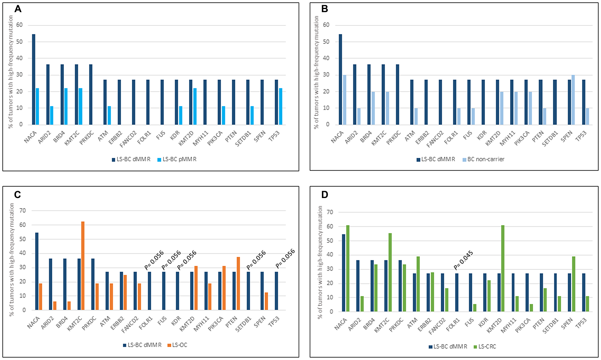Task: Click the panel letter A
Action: click(18, 9)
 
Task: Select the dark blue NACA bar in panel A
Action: click(34, 79)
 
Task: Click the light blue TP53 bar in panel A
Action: click(281, 106)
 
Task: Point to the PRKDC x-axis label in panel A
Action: click(87, 138)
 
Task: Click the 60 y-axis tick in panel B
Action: click(326, 25)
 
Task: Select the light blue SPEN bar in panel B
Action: click(573, 100)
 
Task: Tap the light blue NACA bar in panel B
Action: click(345, 100)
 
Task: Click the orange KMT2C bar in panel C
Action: click(83, 266)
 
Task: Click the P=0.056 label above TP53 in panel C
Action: click(285, 258)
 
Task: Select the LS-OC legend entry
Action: click(177, 345)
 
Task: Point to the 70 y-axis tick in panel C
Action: click(23, 211)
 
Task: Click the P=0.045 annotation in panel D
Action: click(463, 260)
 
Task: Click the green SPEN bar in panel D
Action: click(574, 284)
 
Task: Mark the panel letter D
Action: click(325, 195)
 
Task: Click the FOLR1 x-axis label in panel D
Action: click(453, 325)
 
